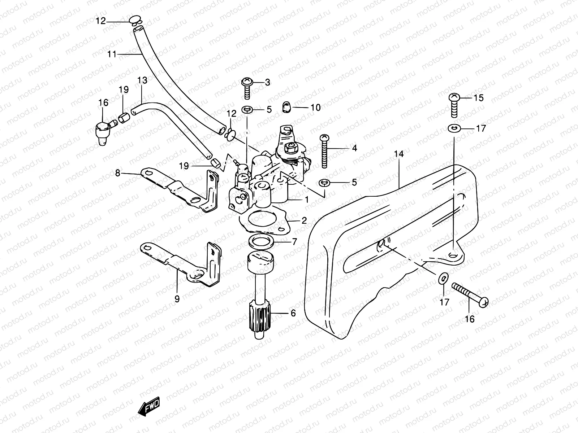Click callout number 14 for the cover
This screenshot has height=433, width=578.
399,154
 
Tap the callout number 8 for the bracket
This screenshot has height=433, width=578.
118,173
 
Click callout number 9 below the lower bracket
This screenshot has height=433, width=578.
177,299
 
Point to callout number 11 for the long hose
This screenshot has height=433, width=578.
112,54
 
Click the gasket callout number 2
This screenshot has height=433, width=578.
304,220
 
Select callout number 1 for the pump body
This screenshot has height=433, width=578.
306,199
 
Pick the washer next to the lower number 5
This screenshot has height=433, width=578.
324,183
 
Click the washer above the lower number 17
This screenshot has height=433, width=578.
443,278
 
